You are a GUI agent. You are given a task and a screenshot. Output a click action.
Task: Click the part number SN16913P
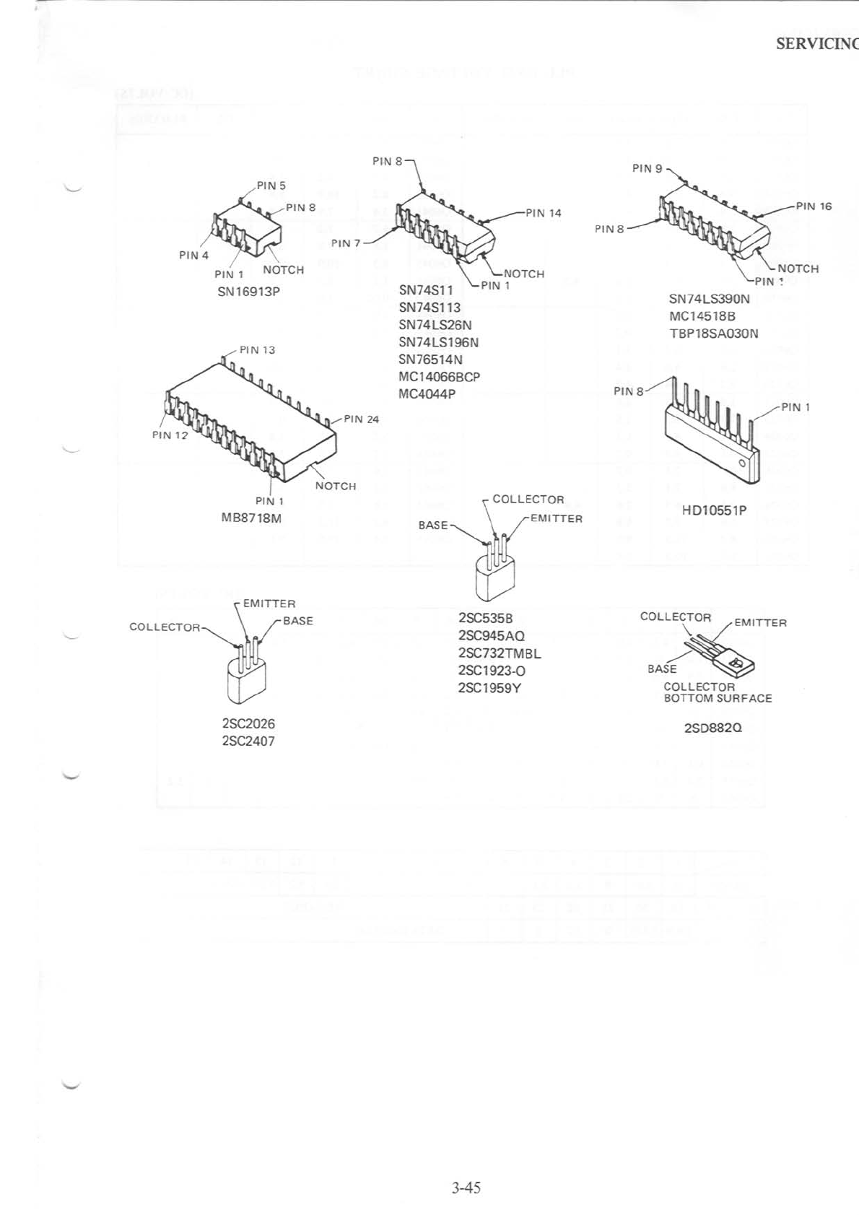tap(248, 292)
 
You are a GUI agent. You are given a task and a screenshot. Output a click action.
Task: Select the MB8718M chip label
tap(251, 518)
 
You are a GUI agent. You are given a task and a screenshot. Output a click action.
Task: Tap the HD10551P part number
tap(714, 510)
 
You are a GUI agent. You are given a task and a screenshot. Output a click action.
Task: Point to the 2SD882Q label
tap(712, 728)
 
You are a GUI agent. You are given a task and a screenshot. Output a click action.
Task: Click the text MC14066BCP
tap(439, 377)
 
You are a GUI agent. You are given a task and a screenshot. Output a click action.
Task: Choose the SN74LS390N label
tap(709, 299)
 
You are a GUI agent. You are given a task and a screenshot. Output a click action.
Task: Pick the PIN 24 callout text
tap(361, 419)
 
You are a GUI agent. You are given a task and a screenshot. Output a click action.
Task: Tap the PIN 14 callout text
tap(543, 213)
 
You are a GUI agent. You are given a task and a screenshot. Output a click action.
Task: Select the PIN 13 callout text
tap(257, 350)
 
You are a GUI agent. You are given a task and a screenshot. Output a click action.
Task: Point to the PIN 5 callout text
tap(271, 186)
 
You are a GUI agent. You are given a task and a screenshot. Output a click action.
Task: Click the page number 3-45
tap(466, 1188)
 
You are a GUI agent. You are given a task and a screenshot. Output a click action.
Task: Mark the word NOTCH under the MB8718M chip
tap(336, 486)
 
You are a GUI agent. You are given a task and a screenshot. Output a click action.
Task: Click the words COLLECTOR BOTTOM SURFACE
tap(718, 693)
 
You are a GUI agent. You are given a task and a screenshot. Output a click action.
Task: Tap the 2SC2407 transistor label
tap(248, 741)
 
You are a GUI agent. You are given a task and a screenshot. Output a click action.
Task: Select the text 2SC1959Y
tap(489, 688)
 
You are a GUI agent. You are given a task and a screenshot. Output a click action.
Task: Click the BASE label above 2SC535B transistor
tap(433, 525)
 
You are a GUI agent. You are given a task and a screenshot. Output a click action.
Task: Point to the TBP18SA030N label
tap(714, 334)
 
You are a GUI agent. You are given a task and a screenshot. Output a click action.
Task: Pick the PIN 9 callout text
tap(647, 168)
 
